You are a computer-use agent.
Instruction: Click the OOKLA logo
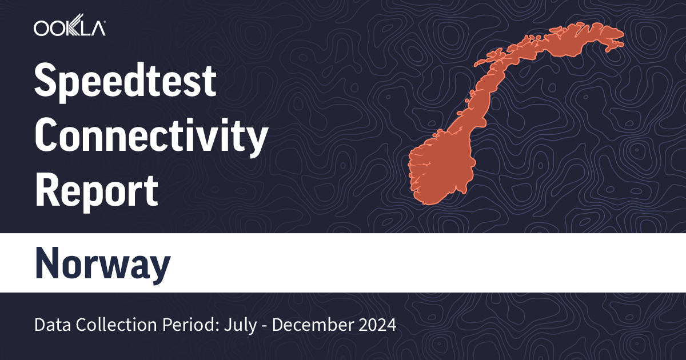click(x=69, y=27)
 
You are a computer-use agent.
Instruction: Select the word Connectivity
click(x=151, y=137)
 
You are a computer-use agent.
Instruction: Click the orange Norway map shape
click(x=452, y=160)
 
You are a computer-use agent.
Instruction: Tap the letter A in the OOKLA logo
click(x=98, y=27)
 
